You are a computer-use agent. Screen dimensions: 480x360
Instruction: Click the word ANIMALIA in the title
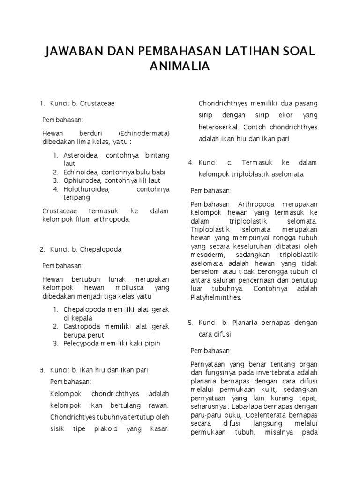point(180,67)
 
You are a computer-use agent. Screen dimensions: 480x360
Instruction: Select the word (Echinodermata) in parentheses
point(144,133)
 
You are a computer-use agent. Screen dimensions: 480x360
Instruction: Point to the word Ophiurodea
point(82,180)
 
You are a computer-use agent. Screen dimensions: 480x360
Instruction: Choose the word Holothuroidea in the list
point(86,189)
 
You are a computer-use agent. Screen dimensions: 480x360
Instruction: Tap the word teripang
point(76,198)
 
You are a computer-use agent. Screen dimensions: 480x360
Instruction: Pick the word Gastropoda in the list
point(82,327)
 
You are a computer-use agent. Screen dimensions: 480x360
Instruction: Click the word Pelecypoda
point(82,344)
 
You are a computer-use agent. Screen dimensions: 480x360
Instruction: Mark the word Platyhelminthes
point(216,297)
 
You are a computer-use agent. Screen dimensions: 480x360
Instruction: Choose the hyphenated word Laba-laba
point(253,406)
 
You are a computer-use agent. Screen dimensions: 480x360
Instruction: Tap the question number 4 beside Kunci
point(191,163)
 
